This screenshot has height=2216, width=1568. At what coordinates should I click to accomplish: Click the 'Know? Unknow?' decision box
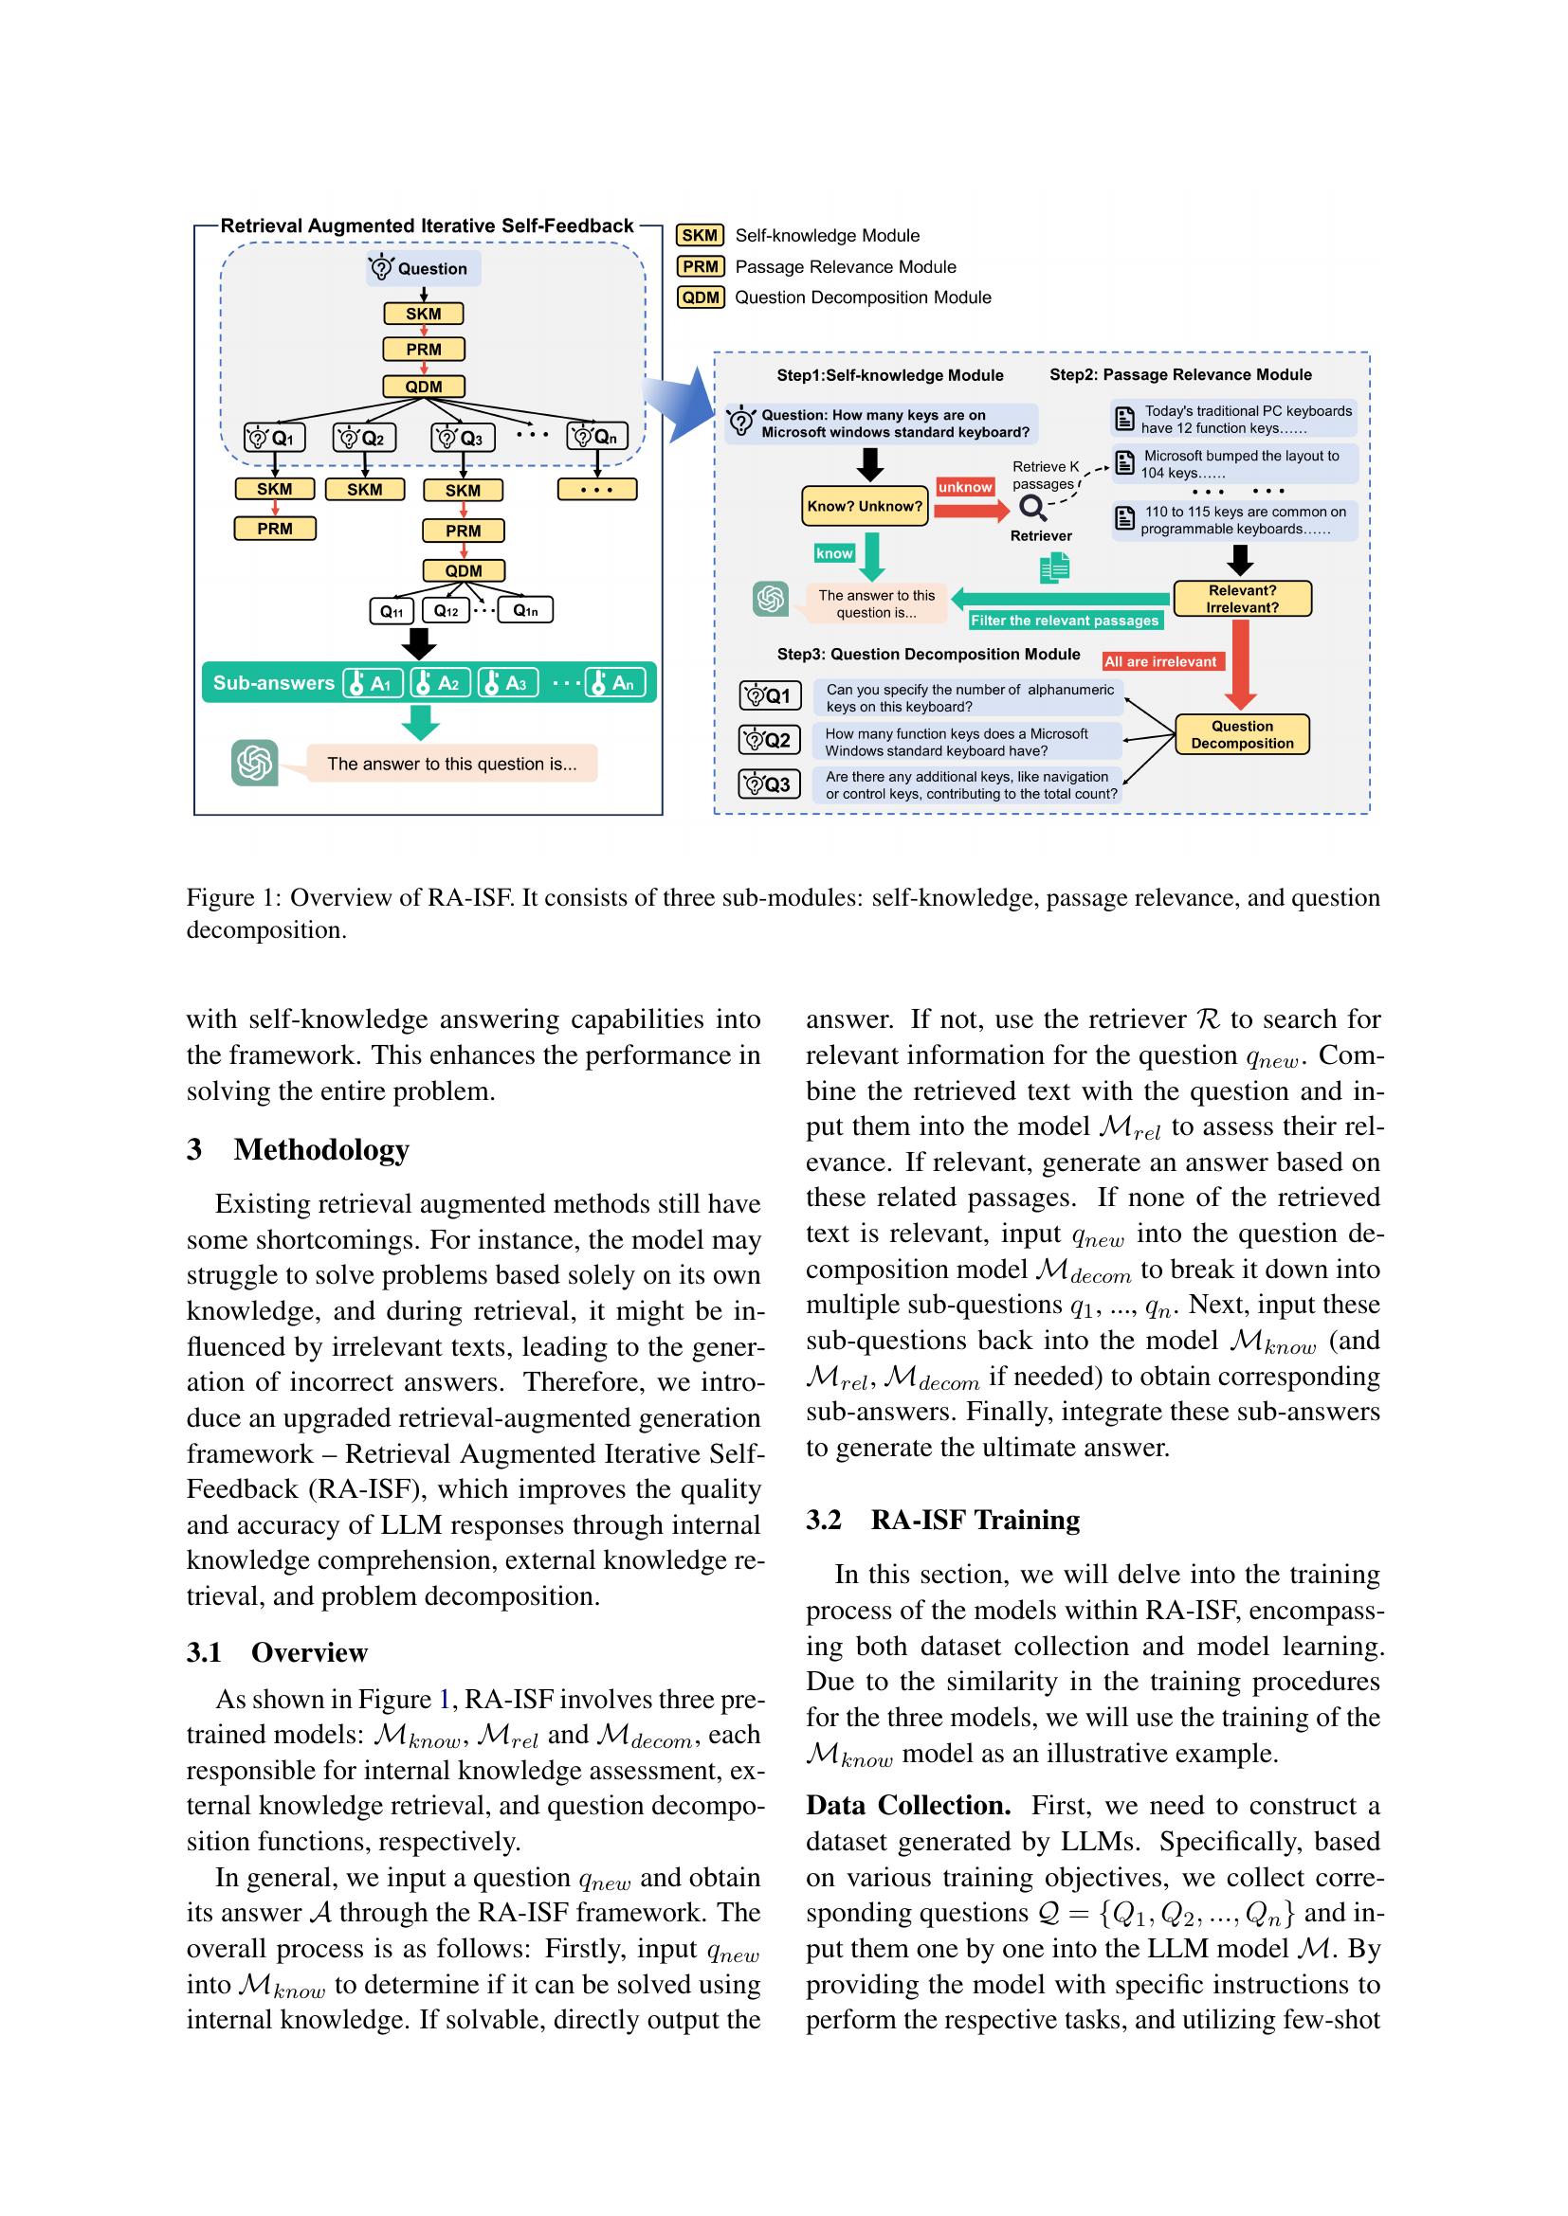pyautogui.click(x=865, y=507)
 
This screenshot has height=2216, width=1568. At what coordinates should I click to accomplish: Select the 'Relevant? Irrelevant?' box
pyautogui.click(x=1242, y=599)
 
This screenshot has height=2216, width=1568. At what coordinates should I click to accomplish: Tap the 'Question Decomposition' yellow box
pyautogui.click(x=1242, y=734)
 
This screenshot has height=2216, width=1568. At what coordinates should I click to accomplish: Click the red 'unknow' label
pyautogui.click(x=964, y=487)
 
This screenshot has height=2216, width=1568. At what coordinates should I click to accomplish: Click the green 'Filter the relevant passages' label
pyautogui.click(x=1064, y=621)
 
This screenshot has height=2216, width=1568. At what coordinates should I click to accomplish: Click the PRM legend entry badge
pyautogui.click(x=700, y=266)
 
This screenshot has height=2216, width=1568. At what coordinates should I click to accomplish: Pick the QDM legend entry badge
pyautogui.click(x=700, y=297)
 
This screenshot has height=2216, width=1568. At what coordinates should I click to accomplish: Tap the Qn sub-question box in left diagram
pyautogui.click(x=595, y=437)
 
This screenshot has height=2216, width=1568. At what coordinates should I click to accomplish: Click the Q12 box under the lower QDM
pyautogui.click(x=447, y=610)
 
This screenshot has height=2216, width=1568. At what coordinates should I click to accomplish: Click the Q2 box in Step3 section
pyautogui.click(x=769, y=740)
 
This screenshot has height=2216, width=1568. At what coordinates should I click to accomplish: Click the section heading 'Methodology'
pyautogui.click(x=320, y=1148)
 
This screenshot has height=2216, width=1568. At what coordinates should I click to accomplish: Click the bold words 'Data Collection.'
pyautogui.click(x=907, y=1805)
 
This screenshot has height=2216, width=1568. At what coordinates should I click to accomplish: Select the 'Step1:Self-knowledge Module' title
pyautogui.click(x=889, y=375)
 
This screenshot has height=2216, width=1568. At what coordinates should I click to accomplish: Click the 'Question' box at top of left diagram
pyautogui.click(x=423, y=268)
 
